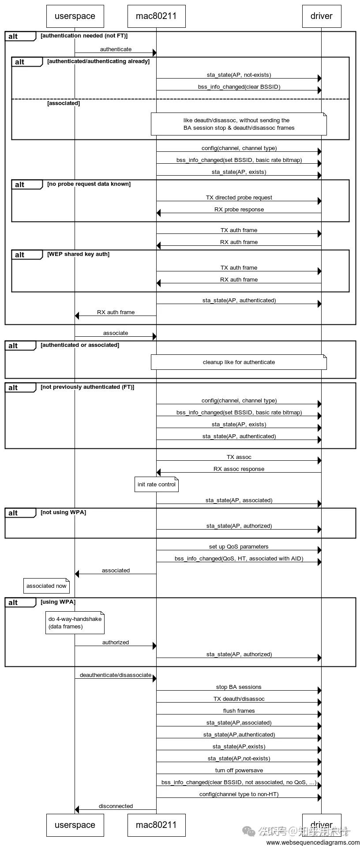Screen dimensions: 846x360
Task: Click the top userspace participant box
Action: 75,16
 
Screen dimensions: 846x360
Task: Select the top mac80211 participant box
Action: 156,16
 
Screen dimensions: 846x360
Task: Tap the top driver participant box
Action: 321,16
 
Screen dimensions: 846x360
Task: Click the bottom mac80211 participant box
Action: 156,825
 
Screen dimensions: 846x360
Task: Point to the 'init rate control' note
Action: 157,485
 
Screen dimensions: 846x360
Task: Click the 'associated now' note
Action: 46,586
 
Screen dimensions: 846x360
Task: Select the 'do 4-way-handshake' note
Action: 75,623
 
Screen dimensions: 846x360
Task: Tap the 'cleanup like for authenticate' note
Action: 239,362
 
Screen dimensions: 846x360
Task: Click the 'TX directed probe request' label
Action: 239,198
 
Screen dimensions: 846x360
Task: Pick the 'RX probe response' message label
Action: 239,210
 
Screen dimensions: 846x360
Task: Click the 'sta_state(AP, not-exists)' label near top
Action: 239,75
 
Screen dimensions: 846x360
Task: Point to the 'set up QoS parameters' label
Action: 239,547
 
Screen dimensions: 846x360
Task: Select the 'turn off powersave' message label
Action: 239,771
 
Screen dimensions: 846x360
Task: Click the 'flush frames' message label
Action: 239,711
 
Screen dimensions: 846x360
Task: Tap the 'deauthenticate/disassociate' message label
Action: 116,675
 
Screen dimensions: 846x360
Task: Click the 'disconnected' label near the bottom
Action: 116,806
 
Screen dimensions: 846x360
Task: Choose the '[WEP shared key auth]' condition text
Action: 78,254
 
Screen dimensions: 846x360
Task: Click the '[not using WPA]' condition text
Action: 63,512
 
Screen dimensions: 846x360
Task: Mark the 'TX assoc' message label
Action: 239,457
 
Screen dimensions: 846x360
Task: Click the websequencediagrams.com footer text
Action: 313,842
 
